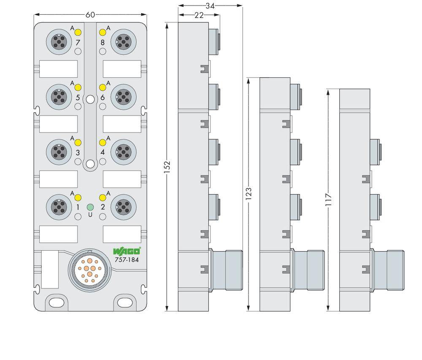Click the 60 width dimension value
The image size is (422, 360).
pos(90,15)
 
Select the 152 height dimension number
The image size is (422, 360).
pos(167,168)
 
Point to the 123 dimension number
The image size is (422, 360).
pos(249,193)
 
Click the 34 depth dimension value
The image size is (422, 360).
pos(210,6)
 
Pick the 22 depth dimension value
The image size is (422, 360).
pos(199,15)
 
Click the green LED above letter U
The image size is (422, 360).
pos(90,207)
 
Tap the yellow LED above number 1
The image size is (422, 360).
pos(78,198)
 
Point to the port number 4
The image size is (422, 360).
pos(103,152)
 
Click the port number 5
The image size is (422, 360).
pos(78,97)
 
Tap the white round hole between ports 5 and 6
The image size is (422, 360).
pos(90,100)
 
